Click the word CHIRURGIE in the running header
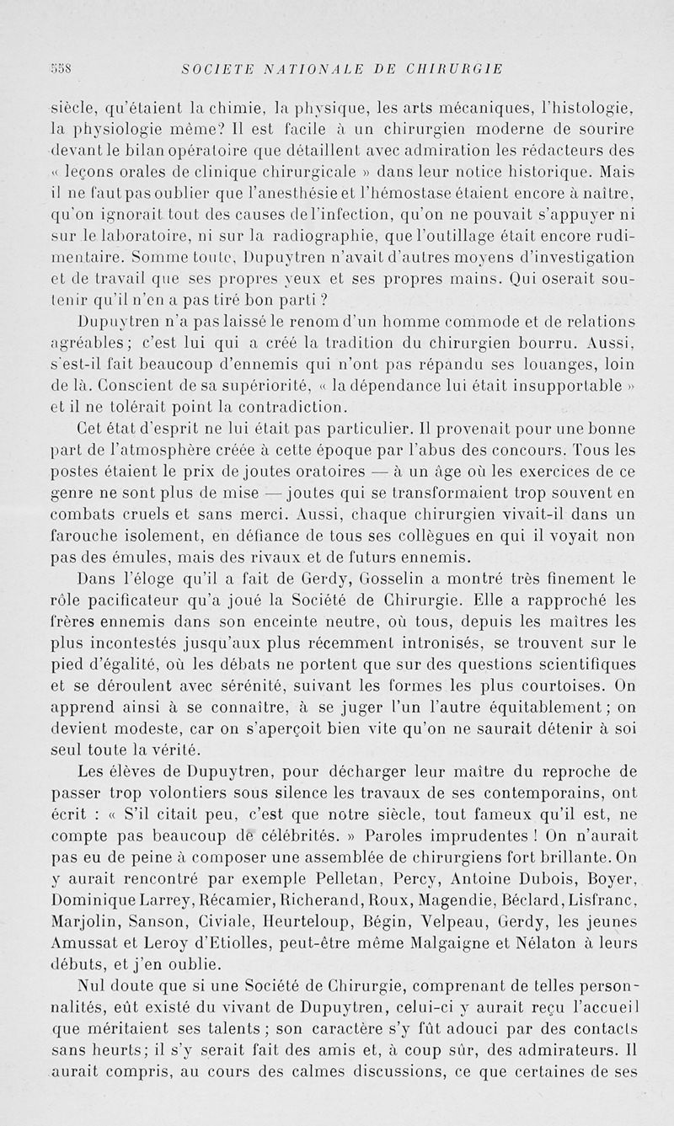[453, 69]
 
